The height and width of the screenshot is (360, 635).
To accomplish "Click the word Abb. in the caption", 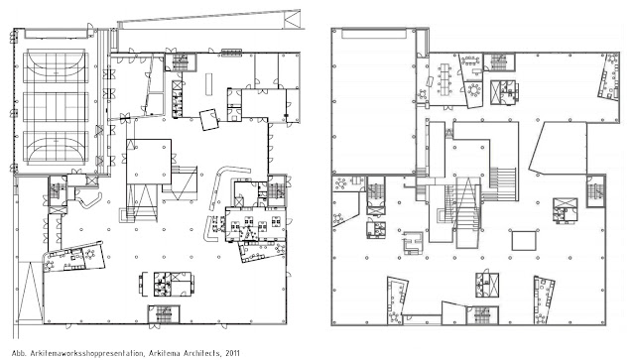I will tap(9, 351).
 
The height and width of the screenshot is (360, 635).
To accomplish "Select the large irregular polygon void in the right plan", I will tap(566, 154).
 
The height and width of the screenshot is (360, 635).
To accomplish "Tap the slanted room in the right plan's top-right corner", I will tap(603, 84).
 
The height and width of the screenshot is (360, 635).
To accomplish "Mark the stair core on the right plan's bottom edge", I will tap(483, 318).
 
